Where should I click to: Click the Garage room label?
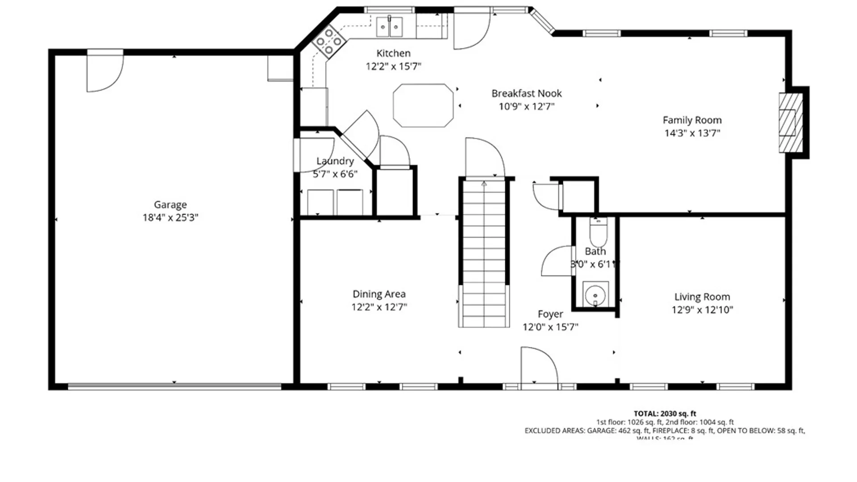(x=170, y=205)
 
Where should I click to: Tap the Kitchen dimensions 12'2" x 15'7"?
(x=393, y=66)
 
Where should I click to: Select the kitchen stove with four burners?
(x=329, y=42)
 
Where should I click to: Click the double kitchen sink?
(x=389, y=27)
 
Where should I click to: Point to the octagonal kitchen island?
(x=423, y=106)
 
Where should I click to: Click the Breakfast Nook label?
(x=526, y=94)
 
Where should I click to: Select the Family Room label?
(x=692, y=120)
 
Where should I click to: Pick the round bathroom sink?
(x=595, y=295)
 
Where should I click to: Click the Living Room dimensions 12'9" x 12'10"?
(x=702, y=310)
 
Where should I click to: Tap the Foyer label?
(x=550, y=314)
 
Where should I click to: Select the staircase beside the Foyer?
(x=484, y=252)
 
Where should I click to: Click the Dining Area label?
(x=379, y=294)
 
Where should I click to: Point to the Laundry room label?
(x=335, y=161)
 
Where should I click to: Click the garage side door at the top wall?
(x=104, y=71)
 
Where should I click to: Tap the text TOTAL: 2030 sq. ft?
(x=665, y=414)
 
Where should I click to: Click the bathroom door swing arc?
(x=557, y=261)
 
